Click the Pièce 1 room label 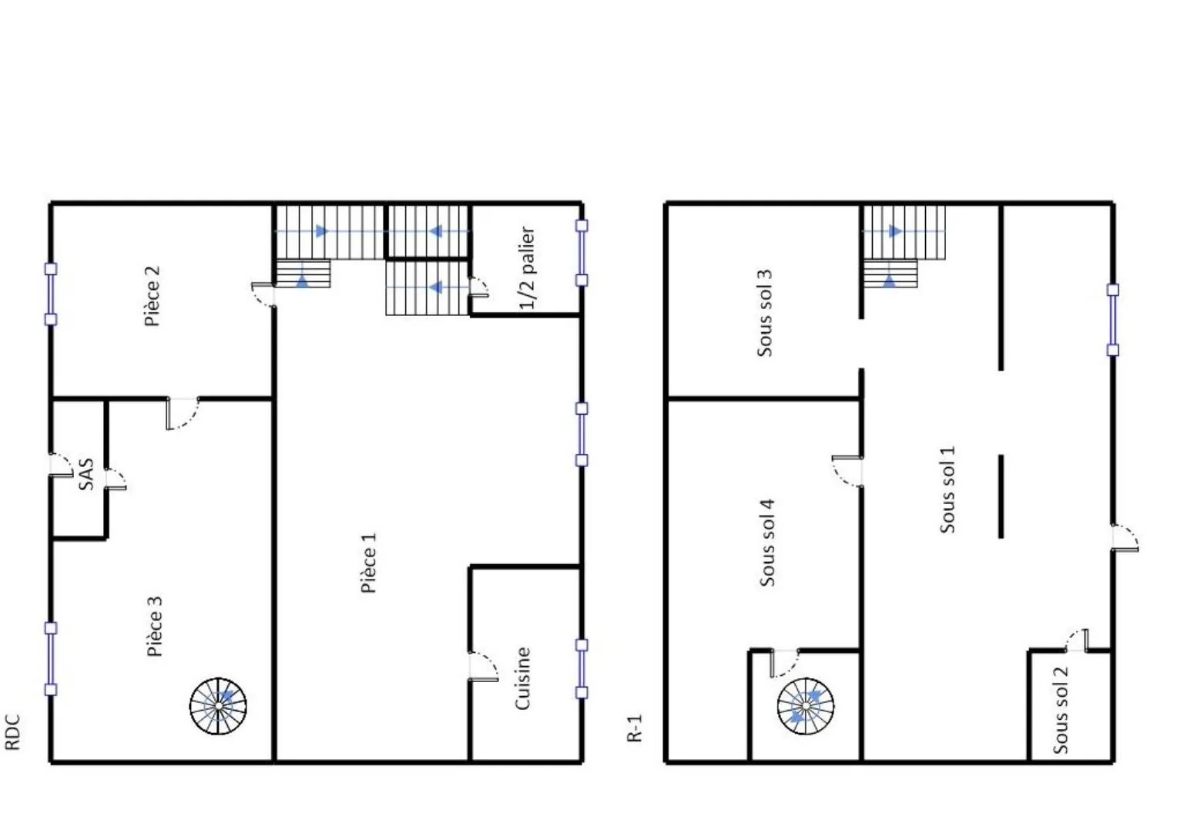coord(369,563)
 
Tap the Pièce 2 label coord(153,296)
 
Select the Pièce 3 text coord(155,626)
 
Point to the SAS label coord(86,474)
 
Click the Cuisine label coord(522,678)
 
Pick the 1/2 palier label coord(527,267)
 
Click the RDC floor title coord(12,731)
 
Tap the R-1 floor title coord(635,728)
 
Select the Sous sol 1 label coord(947,490)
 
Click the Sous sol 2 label coord(1061,710)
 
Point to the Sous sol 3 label coord(765,314)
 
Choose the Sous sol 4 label coord(767,543)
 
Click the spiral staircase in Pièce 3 coord(218,706)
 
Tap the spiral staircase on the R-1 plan coord(806,706)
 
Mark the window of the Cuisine coord(582,669)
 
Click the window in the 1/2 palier coord(582,253)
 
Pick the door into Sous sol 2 coord(1077,640)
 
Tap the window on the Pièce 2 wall coord(50,294)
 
